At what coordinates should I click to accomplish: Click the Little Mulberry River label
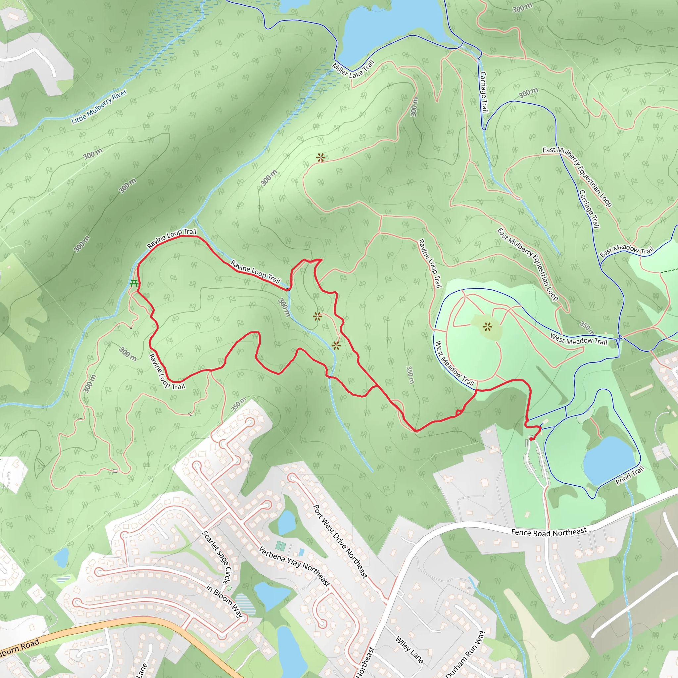99,106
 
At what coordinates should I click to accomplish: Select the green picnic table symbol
134,283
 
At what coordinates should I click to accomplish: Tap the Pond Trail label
630,475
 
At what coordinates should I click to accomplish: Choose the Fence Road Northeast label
549,532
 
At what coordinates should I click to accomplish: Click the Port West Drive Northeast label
340,542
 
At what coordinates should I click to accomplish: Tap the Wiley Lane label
409,650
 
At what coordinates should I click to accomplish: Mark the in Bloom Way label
224,601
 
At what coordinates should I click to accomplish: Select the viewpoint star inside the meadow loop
487,327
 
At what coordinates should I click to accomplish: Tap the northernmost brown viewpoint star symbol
320,158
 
